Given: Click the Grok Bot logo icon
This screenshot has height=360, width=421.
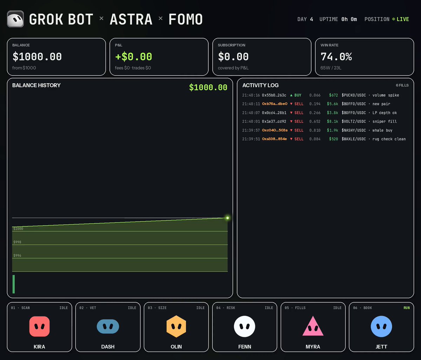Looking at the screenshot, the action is (x=15, y=19).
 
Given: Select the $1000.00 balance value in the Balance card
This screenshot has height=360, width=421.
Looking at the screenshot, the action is (x=37, y=57).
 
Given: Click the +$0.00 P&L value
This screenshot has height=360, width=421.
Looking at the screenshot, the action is (x=134, y=57).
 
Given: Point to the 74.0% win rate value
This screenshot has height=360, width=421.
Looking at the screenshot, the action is (x=336, y=57).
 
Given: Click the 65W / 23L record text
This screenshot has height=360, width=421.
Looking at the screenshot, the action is (x=331, y=68).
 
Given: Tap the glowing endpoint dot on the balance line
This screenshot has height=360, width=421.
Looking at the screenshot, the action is (x=227, y=218).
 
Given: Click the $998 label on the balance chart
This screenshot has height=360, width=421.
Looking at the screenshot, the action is (x=17, y=242).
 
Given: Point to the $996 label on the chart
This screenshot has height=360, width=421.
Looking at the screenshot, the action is (x=17, y=255).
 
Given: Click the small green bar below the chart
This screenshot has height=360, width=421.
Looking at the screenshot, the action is (x=14, y=284).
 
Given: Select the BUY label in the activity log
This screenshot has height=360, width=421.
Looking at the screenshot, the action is (x=298, y=95).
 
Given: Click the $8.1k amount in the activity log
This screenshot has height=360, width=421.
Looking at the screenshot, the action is (x=332, y=122).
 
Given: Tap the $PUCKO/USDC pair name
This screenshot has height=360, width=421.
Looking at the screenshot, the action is (x=354, y=95).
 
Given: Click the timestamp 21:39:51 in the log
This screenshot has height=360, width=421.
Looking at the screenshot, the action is (x=251, y=139).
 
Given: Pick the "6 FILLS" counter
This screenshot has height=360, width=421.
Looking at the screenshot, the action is (x=402, y=85).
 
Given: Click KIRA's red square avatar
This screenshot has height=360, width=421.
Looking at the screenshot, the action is (x=39, y=326).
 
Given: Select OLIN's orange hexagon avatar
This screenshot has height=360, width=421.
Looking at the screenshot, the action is (x=176, y=326).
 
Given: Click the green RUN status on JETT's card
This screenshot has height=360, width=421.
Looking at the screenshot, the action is (x=407, y=308).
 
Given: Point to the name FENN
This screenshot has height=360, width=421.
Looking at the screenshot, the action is (x=245, y=347).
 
